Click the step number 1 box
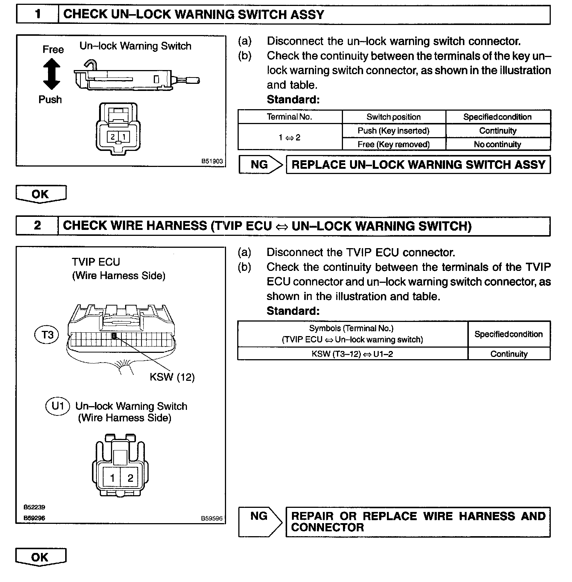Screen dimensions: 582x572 point(37,15)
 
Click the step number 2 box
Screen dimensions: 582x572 point(37,226)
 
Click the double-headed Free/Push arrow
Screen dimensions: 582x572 point(52,75)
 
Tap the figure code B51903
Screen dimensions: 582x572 point(212,161)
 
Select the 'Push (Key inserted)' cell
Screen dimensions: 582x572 point(394,131)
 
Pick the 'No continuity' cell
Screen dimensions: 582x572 point(498,144)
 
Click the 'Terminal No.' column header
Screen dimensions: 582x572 point(289,117)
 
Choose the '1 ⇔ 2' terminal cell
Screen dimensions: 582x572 point(289,137)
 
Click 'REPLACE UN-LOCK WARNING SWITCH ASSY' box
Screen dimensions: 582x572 point(418,165)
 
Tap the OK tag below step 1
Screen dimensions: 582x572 point(40,194)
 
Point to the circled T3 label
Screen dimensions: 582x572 point(47,335)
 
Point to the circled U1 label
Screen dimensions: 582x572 point(58,406)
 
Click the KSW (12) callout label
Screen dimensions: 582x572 point(172,377)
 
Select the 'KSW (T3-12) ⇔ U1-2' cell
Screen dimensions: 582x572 point(352,354)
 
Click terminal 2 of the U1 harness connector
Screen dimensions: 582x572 point(130,478)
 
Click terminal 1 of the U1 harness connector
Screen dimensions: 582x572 point(112,478)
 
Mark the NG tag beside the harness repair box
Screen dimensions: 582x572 point(259,516)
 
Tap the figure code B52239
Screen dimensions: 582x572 point(34,507)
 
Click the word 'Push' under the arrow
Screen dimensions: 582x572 point(50,99)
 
